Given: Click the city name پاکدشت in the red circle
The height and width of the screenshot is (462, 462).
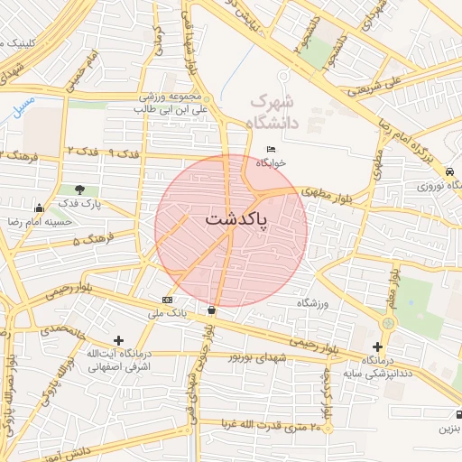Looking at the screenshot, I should click(x=236, y=219).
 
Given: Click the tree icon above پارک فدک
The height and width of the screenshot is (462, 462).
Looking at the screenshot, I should click(x=81, y=189).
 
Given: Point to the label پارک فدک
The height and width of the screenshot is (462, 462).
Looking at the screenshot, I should click(x=81, y=204).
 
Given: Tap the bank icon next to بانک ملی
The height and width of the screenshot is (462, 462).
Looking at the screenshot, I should click(x=167, y=300).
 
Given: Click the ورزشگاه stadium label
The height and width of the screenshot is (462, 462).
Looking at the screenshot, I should click(x=314, y=303).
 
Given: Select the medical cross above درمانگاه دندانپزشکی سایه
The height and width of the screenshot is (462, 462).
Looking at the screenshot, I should click(x=377, y=346).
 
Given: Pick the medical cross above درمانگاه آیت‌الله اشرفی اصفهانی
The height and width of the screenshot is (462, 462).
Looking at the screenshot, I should click(x=118, y=339).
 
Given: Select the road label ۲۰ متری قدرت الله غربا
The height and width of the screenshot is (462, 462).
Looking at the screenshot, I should click(x=272, y=425).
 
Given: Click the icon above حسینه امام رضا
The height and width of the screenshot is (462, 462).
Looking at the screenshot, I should click(x=38, y=208).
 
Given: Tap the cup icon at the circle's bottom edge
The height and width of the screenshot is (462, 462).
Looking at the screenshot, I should click(x=211, y=310).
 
